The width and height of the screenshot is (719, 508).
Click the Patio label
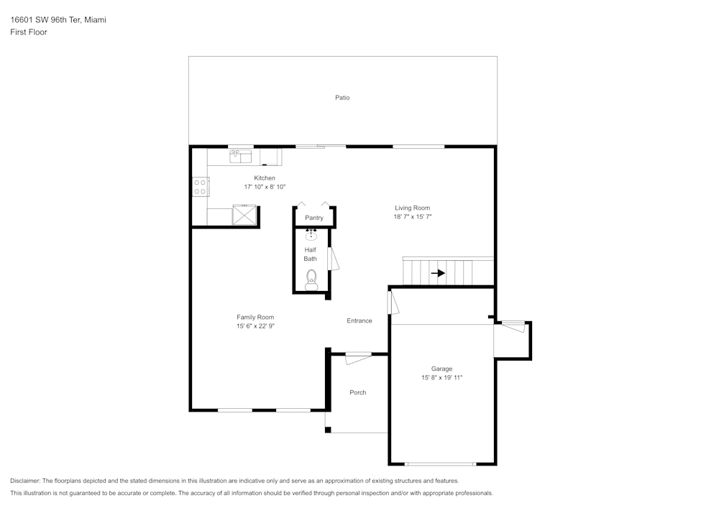click(x=342, y=98)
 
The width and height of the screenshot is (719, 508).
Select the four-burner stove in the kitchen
click(x=200, y=187)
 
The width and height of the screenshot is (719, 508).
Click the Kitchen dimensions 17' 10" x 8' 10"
click(x=265, y=187)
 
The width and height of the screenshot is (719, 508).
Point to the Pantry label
click(x=314, y=218)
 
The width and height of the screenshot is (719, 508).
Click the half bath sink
click(x=311, y=236)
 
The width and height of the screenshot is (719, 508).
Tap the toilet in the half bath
click(x=311, y=278)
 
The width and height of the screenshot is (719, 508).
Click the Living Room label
click(x=412, y=208)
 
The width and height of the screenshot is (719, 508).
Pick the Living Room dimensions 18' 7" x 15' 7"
click(x=412, y=216)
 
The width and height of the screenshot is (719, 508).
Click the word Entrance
click(x=359, y=320)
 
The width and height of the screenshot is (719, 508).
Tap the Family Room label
click(x=255, y=317)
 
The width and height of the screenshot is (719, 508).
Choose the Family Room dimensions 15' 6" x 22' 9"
click(x=255, y=325)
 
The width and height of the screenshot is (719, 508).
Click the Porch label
click(x=357, y=392)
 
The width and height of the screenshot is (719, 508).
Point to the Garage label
click(x=441, y=369)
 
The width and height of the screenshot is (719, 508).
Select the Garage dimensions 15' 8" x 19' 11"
click(x=441, y=377)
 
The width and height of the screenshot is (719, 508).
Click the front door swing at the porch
click(x=357, y=357)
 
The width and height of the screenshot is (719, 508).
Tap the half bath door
click(x=332, y=259)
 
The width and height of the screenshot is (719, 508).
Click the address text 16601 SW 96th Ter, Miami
click(x=58, y=20)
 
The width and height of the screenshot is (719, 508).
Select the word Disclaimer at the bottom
click(x=25, y=481)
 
